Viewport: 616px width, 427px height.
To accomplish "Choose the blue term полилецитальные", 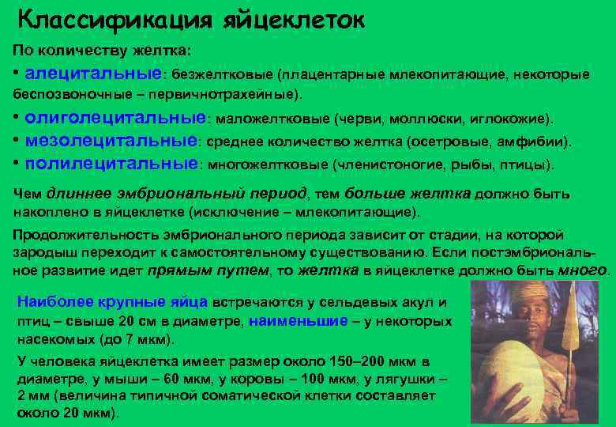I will click(111, 164).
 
